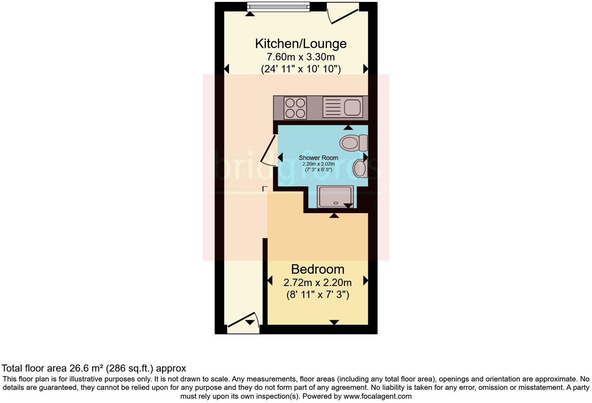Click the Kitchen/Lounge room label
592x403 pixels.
(x=300, y=43)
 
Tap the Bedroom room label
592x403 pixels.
(x=317, y=269)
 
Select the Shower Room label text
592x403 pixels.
(x=318, y=158)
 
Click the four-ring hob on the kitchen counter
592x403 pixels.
(x=295, y=108)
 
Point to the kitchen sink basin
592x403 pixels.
(x=352, y=107)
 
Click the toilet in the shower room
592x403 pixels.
(x=352, y=143)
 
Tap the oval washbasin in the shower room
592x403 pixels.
(x=359, y=170)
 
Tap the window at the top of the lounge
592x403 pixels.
(x=278, y=7)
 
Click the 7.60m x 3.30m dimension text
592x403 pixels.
(x=300, y=57)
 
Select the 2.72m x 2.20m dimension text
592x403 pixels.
(x=317, y=282)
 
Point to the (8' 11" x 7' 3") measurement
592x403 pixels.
(x=317, y=295)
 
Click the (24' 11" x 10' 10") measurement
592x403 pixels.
(x=300, y=69)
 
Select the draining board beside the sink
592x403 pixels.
(x=332, y=107)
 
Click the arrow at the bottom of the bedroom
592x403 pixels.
(x=334, y=322)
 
